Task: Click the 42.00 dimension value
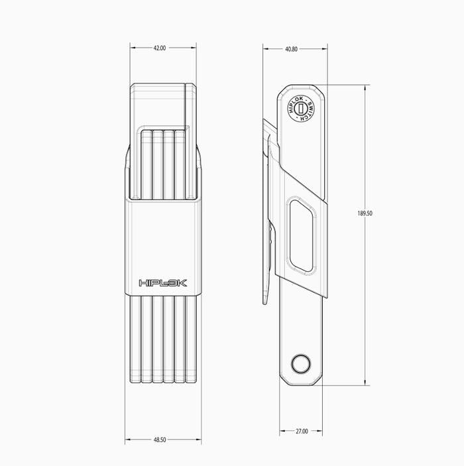[160, 48]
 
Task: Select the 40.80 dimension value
[291, 49]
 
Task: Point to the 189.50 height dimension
[365, 213]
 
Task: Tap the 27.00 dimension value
[302, 431]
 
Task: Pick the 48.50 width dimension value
[160, 439]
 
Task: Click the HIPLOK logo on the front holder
[163, 283]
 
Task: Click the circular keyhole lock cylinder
[301, 108]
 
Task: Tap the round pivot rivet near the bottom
[301, 364]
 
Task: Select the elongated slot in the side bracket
[301, 235]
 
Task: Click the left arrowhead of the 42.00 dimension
[133, 48]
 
